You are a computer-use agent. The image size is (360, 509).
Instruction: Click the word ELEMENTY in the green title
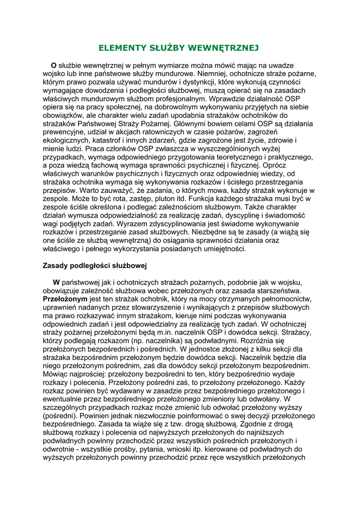(x=119, y=48)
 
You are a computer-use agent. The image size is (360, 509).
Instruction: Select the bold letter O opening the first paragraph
(x=54, y=65)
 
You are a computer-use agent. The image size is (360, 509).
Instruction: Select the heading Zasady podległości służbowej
(x=94, y=265)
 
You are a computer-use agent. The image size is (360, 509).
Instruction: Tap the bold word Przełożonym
(x=65, y=299)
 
